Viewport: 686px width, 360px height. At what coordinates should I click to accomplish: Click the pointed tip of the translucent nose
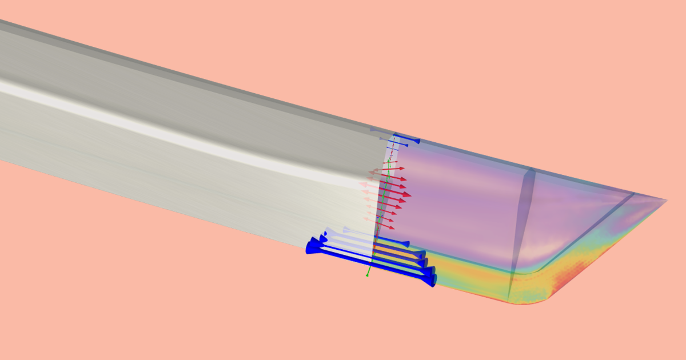coord(665,200)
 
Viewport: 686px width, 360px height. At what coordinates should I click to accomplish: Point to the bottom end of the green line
coord(367,275)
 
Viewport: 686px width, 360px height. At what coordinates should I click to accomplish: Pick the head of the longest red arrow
coord(407,194)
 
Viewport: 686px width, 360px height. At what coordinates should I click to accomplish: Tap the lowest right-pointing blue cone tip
coord(433,281)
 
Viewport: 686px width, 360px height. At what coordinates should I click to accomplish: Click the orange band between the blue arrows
coord(394,252)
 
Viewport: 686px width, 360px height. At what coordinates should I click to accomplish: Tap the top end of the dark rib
coord(531,170)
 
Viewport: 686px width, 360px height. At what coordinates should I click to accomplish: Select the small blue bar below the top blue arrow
coord(393,149)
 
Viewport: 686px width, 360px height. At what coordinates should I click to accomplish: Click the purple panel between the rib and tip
coord(577,217)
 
